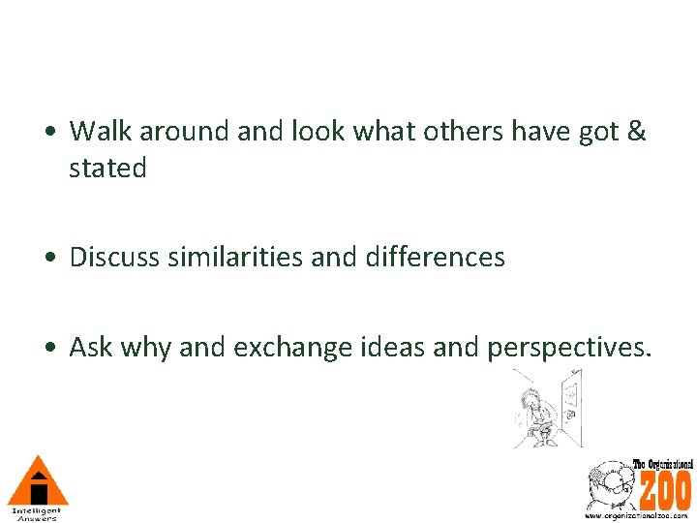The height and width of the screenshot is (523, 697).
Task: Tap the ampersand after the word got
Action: click(x=636, y=130)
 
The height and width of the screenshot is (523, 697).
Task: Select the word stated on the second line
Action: click(x=107, y=169)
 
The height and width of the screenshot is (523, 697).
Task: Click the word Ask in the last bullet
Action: click(x=89, y=347)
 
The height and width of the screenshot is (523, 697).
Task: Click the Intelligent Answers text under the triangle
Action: click(x=37, y=513)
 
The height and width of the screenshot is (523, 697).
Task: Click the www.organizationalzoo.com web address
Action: click(x=639, y=516)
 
